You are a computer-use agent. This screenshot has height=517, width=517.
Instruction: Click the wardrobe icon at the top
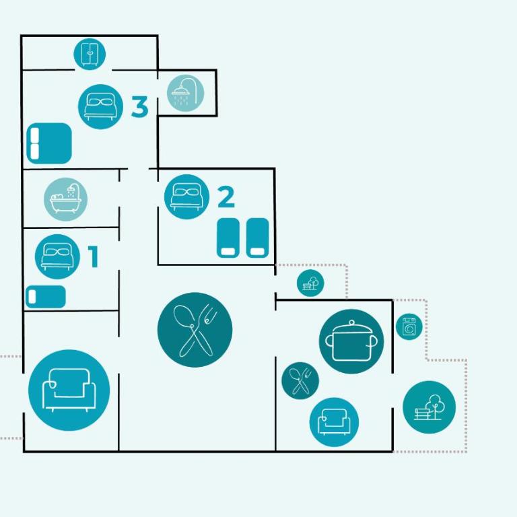click(90, 54)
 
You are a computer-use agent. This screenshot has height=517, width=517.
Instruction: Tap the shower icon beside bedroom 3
click(185, 93)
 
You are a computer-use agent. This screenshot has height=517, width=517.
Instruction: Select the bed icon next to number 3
click(100, 106)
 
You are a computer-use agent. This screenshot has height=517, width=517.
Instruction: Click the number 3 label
click(139, 106)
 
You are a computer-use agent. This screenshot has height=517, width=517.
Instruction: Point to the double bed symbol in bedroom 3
click(49, 143)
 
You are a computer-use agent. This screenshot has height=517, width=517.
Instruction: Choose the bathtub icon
click(65, 199)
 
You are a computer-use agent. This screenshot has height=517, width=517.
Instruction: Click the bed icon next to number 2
click(186, 197)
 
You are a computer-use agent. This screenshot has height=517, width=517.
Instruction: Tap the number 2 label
click(226, 197)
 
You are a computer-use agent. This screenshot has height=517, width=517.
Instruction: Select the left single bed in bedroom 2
click(228, 238)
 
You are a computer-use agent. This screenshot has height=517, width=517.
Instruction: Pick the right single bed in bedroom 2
click(258, 238)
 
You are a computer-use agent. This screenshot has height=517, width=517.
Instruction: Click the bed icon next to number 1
click(57, 257)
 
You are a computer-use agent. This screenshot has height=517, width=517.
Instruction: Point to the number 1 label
click(94, 256)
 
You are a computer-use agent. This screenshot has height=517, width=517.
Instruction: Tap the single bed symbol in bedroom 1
click(46, 297)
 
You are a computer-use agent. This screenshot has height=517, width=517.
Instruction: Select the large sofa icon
click(69, 390)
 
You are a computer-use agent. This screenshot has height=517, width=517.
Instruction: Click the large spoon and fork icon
click(195, 330)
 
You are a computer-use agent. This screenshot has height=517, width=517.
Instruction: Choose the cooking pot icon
click(351, 341)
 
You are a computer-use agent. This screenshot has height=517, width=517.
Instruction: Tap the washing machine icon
click(409, 326)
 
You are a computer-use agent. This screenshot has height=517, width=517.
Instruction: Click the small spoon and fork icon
click(300, 381)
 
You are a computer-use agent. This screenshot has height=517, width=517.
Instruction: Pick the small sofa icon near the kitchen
click(334, 422)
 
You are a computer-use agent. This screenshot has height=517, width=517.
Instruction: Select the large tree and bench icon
click(429, 407)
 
